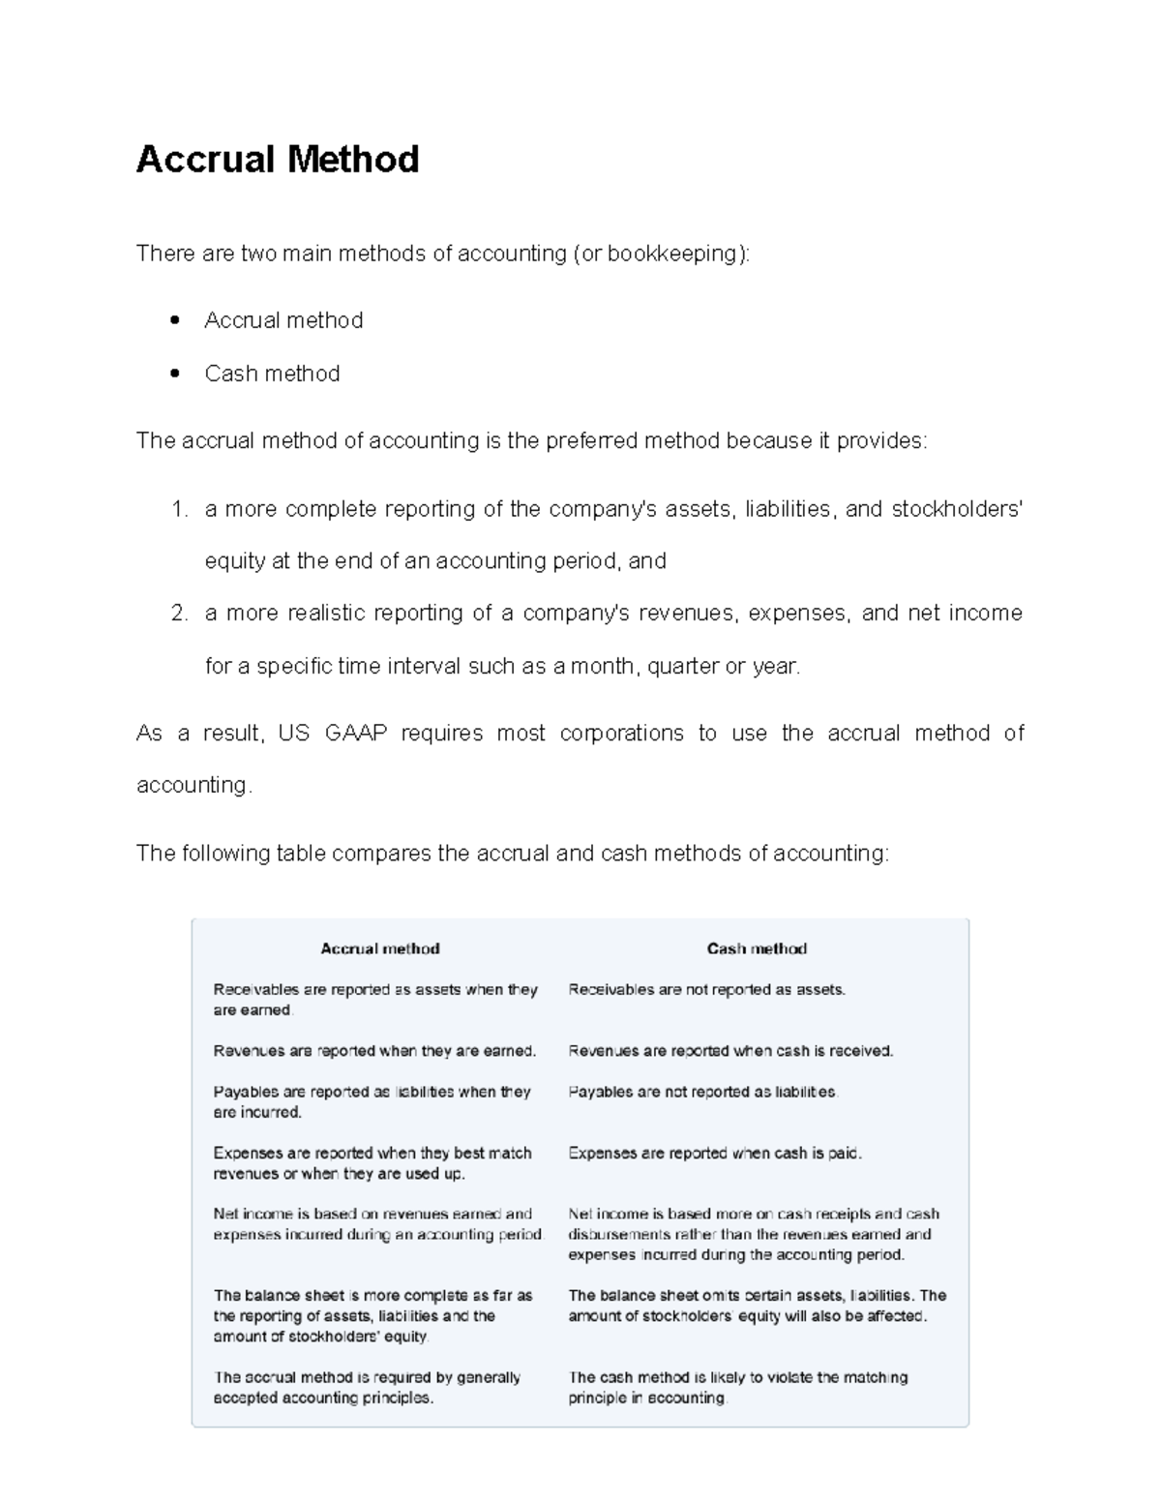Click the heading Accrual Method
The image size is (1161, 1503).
coord(278,159)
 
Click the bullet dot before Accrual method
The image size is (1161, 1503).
coord(175,320)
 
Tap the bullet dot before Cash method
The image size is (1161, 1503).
coord(175,374)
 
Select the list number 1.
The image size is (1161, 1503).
coord(178,509)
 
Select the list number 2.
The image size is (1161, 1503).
coord(178,614)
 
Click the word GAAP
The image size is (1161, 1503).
coord(355,733)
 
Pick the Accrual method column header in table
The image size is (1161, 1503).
coord(380,948)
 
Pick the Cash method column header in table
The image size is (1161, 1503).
coord(757,948)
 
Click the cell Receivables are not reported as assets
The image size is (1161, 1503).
coord(706,989)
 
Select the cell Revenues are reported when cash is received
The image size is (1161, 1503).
coord(730,1050)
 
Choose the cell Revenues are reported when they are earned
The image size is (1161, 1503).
coord(374,1050)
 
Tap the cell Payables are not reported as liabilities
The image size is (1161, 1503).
coord(702,1092)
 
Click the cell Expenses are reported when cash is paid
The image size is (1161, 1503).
coord(714,1153)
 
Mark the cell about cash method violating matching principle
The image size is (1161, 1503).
coord(737,1387)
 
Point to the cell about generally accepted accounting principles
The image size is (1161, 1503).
coord(367,1387)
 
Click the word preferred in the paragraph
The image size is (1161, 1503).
coord(591,441)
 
